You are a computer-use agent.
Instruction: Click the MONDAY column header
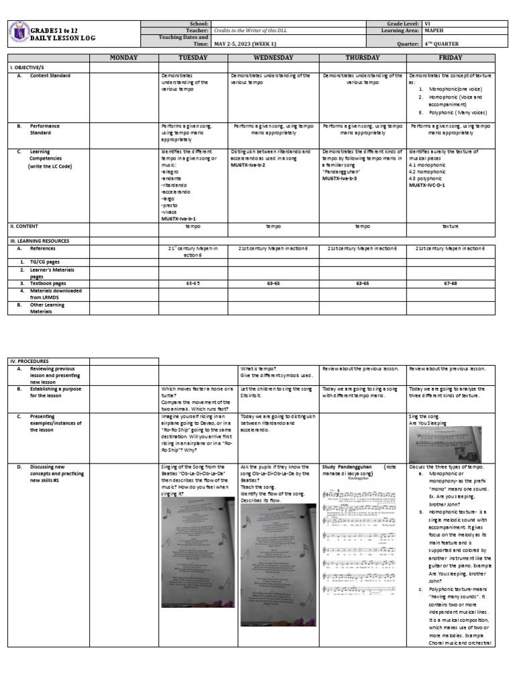[123, 58]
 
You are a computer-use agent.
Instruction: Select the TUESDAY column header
[192, 58]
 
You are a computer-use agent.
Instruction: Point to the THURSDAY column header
[362, 58]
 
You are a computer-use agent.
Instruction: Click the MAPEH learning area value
[434, 30]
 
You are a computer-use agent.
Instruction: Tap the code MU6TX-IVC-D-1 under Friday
[431, 184]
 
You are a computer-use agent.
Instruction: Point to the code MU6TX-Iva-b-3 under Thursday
[339, 179]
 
